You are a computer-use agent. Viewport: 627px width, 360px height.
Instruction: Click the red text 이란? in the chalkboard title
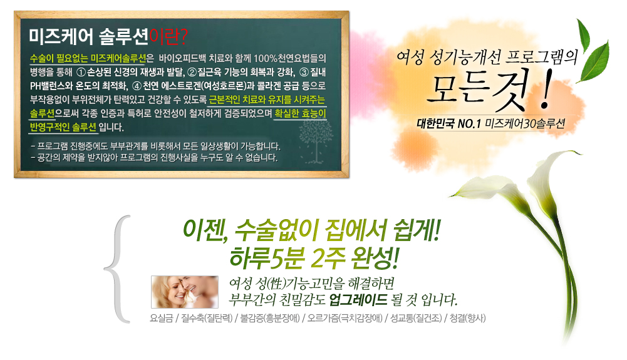(x=168, y=37)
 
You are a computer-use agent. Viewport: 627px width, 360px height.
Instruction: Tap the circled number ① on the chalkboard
(x=81, y=73)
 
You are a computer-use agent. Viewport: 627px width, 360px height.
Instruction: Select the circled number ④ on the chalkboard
(x=137, y=86)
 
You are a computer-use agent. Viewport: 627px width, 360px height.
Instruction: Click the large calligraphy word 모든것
(x=477, y=90)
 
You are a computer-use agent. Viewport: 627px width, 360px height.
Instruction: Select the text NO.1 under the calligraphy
(x=469, y=124)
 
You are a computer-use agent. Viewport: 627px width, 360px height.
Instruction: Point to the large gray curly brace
(x=117, y=269)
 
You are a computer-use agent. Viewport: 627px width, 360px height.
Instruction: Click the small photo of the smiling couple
(x=185, y=292)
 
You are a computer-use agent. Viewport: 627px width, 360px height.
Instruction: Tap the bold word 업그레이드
(x=358, y=299)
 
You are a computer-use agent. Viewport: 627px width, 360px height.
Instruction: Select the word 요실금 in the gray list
(x=162, y=319)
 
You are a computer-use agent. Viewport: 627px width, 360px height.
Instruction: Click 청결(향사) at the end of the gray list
(x=467, y=319)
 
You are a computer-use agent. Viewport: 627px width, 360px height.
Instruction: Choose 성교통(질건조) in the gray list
(x=417, y=319)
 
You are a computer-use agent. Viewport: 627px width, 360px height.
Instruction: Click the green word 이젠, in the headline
(x=205, y=230)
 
